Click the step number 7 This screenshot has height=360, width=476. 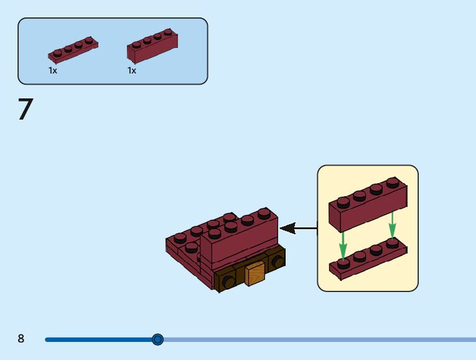coord(26,109)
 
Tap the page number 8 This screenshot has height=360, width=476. coord(21,338)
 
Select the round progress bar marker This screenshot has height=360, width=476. coord(157,339)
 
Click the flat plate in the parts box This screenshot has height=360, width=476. coord(73,50)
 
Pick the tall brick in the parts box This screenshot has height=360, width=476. coord(152,46)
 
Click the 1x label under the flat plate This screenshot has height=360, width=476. coord(52,71)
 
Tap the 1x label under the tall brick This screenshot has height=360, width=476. coord(132,71)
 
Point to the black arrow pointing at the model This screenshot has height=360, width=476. coord(298,228)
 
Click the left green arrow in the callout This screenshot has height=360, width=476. coord(343,246)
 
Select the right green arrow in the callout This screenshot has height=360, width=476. coord(392,226)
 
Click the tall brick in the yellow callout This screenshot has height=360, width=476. coord(368,205)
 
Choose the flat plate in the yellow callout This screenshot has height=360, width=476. coord(368,258)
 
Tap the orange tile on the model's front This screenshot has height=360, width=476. coord(254,273)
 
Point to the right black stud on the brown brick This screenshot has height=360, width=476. coord(278,261)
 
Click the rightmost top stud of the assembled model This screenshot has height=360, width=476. coord(264,213)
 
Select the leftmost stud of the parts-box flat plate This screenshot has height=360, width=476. coord(57,54)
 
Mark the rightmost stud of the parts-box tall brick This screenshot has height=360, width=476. coord(168,32)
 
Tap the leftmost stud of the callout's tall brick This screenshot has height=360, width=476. coord(343,202)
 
